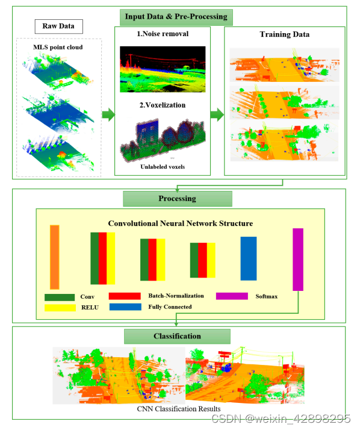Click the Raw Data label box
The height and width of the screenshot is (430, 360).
coord(58,26)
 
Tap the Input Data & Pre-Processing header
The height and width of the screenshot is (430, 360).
coord(176,16)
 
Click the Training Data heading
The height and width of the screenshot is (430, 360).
coord(285,34)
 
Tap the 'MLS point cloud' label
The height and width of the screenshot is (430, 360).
coord(59,46)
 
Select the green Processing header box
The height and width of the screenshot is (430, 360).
coord(177,199)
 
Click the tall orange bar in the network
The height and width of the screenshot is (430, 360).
coord(55,257)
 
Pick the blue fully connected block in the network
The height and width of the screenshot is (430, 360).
coord(252,258)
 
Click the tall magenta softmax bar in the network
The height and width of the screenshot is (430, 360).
coord(298,259)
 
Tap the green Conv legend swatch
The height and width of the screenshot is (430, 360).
coord(60,297)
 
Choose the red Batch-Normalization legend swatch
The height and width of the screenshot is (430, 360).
coord(125,296)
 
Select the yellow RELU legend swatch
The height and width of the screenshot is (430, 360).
coord(60,308)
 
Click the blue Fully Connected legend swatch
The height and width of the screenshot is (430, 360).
coord(125,307)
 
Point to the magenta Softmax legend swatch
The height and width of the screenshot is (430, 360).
coord(232,296)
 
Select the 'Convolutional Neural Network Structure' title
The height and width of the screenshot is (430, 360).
coord(181,223)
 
